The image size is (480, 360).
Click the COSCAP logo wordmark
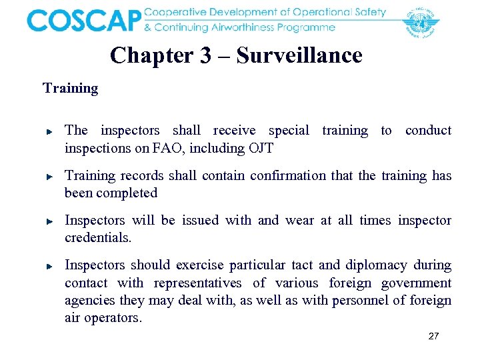(84, 20)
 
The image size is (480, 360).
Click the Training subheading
(70, 88)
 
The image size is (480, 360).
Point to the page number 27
(433, 336)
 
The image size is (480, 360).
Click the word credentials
(98, 238)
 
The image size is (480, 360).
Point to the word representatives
(197, 283)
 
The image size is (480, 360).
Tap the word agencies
(89, 301)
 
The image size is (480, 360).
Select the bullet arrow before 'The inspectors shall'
(50, 132)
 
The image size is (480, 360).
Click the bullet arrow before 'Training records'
(50, 177)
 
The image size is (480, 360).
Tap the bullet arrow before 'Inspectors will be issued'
(50, 222)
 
